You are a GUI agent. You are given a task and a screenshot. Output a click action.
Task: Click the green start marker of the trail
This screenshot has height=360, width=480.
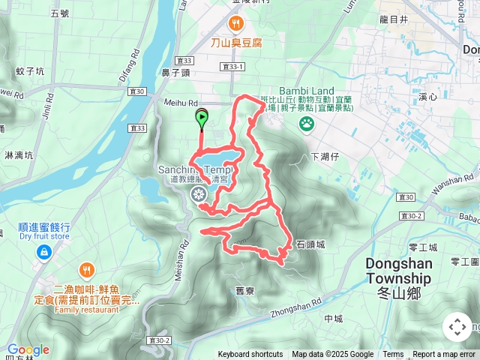pos(202,117)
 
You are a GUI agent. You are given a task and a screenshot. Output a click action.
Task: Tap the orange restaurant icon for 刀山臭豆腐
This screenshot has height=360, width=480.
pos(236,23)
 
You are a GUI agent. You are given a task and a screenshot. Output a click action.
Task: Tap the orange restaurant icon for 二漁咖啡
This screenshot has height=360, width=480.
pos(87,270)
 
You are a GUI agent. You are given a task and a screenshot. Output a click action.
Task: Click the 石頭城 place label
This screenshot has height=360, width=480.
pos(310,244)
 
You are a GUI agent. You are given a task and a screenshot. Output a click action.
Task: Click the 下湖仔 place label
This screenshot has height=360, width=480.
pos(325,157)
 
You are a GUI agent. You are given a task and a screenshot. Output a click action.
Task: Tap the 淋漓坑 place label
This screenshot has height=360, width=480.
pos(19,155)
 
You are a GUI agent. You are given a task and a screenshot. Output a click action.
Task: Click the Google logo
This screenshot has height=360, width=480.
pos(28,349)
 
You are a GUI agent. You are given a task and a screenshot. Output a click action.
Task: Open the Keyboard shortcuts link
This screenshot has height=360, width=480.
pos(250,355)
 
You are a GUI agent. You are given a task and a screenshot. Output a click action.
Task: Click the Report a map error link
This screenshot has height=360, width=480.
pos(445,355)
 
